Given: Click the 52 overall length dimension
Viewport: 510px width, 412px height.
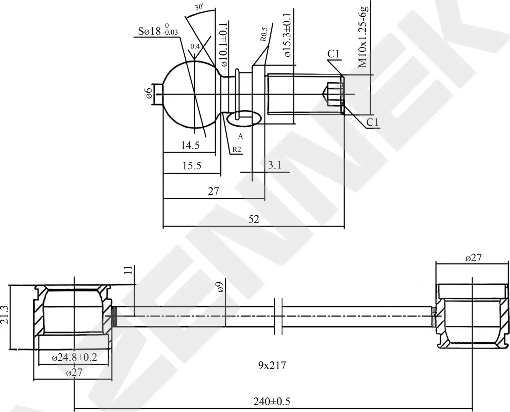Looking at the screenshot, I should coord(254,219).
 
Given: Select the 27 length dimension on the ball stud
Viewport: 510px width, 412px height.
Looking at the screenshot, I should coord(213,191).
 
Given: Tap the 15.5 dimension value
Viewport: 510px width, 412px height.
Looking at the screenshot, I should coord(192,165).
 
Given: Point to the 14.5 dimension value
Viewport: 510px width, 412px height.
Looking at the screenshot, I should coord(190,145).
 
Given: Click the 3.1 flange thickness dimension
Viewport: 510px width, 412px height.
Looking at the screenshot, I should coord(275,165).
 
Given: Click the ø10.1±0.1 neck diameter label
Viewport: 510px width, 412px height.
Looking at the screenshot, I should coord(224,45).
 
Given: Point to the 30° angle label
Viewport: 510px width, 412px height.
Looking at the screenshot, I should coord(200,7).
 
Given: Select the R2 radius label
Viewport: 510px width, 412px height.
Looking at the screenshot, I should coord(237,149).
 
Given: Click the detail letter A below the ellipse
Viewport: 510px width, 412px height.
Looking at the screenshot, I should coord(240,136).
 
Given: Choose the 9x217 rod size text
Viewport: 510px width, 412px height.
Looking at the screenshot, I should coord(272,365).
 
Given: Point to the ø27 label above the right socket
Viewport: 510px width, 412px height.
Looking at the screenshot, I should coord(473,258).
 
